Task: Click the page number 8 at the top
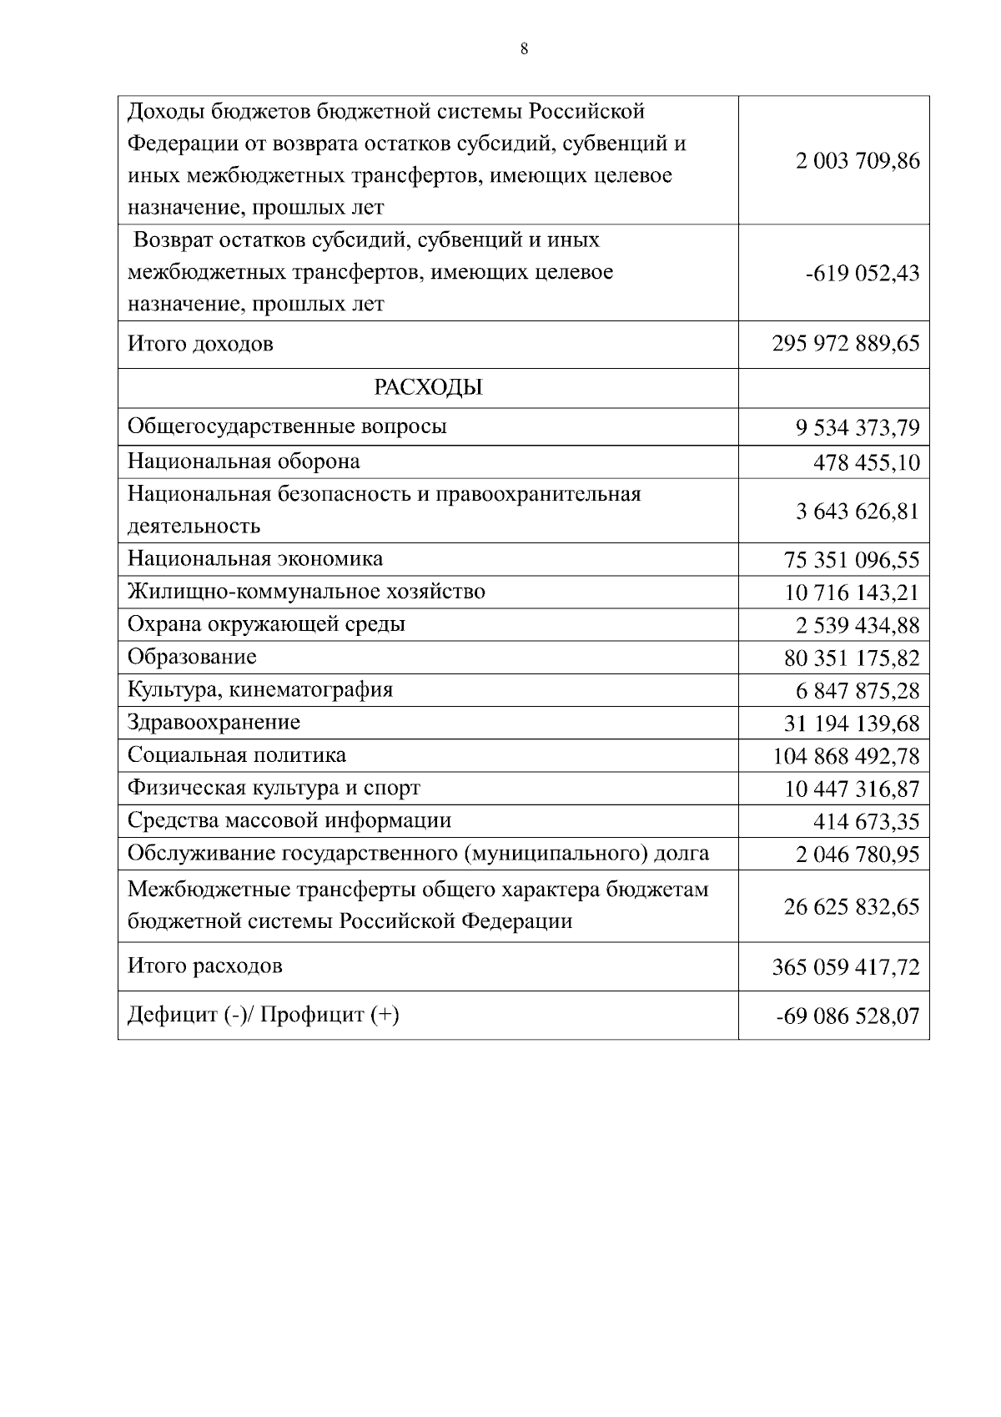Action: (524, 49)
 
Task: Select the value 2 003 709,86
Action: (858, 161)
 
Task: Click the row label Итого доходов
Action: (200, 344)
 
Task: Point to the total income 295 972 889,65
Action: (846, 345)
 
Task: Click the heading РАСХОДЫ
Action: (428, 388)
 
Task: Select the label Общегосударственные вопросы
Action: (287, 426)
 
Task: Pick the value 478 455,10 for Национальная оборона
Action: (866, 463)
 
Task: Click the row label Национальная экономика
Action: (255, 558)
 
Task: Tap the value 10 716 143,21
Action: (852, 593)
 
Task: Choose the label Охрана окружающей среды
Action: (266, 624)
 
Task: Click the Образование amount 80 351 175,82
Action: (852, 658)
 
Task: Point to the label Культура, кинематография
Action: (259, 690)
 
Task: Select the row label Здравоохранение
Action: (214, 722)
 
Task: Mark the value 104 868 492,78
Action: (846, 757)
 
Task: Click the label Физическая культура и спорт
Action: (274, 788)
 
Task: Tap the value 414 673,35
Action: (866, 822)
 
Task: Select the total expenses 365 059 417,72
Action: (846, 968)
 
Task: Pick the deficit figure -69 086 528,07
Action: (848, 1016)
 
